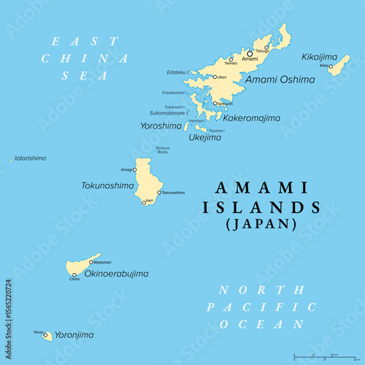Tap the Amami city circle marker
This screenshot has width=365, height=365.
(250, 53)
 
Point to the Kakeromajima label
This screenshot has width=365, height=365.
(251, 118)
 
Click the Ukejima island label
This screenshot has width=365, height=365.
(205, 137)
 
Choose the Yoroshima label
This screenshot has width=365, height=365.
(161, 126)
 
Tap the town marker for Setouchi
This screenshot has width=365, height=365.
(215, 104)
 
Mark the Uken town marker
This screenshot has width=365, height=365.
(215, 77)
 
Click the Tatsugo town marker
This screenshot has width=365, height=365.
(266, 47)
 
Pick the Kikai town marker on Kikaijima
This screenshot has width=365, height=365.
(330, 66)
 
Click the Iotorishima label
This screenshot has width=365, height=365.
(29, 158)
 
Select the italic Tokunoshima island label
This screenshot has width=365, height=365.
(107, 185)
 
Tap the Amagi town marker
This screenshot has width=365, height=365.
(134, 169)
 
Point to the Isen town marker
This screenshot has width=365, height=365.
(144, 202)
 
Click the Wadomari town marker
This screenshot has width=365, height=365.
(91, 261)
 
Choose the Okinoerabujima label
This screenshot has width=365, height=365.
(117, 274)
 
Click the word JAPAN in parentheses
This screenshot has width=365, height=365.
(261, 224)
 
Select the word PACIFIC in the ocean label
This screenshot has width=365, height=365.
(261, 307)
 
